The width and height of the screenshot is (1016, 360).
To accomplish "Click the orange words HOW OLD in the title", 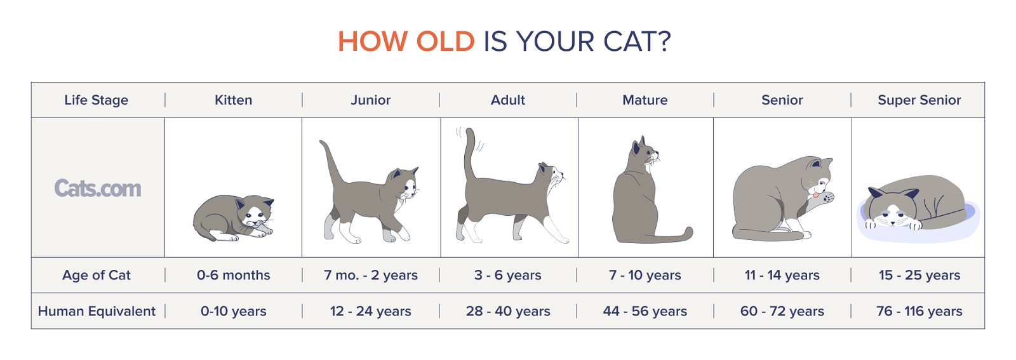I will [406, 42].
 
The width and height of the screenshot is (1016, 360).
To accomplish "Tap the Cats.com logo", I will [98, 188].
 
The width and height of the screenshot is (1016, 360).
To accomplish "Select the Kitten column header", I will [233, 100].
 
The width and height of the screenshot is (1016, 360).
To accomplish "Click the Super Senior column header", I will [919, 100].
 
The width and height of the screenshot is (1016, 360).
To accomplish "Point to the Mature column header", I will [645, 100].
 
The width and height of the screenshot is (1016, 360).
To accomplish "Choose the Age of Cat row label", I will [97, 276].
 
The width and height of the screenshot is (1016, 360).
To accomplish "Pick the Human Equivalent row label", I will [97, 311].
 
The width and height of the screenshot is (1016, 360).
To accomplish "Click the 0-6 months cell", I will [233, 276].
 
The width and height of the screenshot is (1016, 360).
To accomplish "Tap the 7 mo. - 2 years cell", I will [371, 276].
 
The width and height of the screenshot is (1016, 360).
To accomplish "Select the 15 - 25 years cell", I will [919, 276].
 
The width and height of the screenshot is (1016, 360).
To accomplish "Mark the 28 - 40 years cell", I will [508, 311].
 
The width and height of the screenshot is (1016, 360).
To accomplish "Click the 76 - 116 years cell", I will [919, 311].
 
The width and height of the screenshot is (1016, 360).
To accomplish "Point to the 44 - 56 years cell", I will [645, 311].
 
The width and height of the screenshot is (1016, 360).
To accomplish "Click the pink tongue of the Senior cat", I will [815, 195].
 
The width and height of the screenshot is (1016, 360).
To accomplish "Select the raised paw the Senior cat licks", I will [827, 197].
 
